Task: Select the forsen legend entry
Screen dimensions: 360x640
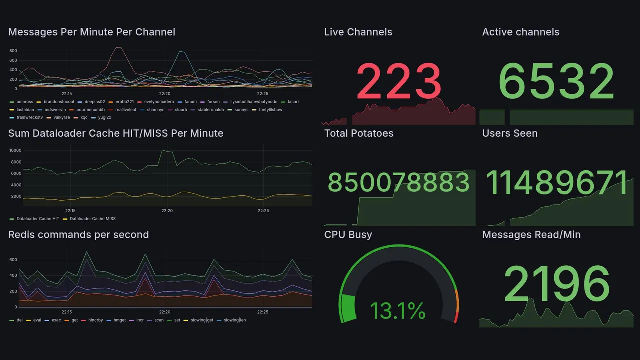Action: coord(213,102)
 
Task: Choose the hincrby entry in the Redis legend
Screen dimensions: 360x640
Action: coord(95,320)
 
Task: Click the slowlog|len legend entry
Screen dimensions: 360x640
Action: coord(235,320)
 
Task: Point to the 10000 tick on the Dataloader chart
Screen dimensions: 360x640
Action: coord(15,151)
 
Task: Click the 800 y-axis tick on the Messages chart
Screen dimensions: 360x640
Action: coord(13,51)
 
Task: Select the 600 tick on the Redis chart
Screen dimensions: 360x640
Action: coord(13,260)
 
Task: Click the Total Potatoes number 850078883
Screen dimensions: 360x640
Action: coord(399,183)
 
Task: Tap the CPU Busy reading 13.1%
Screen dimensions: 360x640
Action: coord(398,311)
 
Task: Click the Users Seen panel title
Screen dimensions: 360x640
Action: coord(510,133)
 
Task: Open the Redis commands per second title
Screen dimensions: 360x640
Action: coord(78,235)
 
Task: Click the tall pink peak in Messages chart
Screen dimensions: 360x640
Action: coord(118,48)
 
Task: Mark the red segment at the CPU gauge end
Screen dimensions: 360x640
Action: coord(455,317)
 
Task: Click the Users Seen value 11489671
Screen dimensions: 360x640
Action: coord(556,183)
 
